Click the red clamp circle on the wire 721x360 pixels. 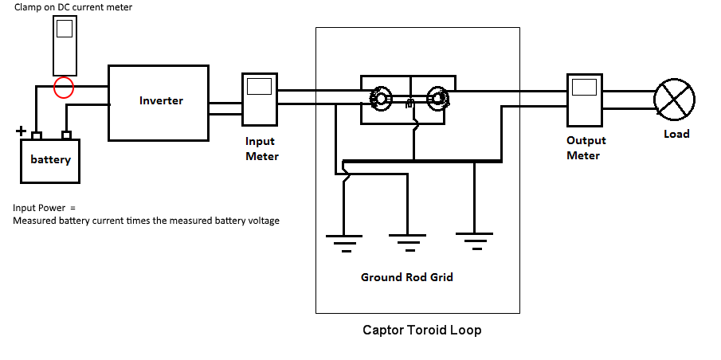(54, 88)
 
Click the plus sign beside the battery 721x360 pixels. (21, 131)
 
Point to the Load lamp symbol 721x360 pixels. (675, 100)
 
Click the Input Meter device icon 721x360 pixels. (260, 99)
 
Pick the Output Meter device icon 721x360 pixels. (585, 100)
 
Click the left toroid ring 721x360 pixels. (372, 99)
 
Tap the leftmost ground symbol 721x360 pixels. (344, 243)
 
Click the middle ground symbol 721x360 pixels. (407, 243)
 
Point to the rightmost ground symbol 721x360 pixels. (474, 241)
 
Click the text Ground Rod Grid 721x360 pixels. (407, 277)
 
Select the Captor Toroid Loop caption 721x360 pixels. (422, 330)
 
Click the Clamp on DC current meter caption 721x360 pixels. (73, 7)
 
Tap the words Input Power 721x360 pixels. (39, 208)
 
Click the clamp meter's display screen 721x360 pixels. (65, 28)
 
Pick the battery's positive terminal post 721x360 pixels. (37, 135)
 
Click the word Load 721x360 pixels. (676, 134)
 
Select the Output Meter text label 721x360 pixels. (586, 147)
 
